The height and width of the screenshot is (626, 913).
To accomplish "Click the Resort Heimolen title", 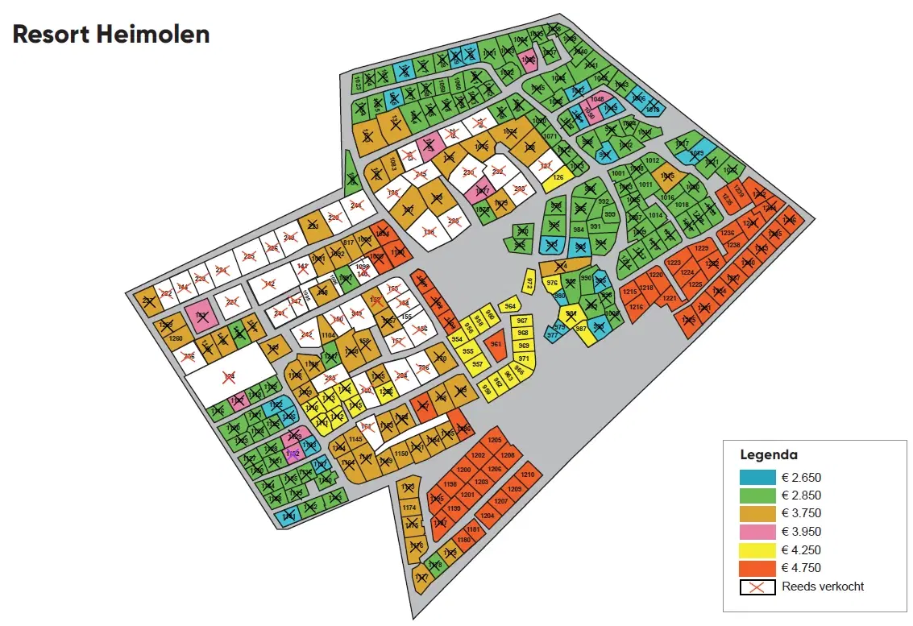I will (x=111, y=34).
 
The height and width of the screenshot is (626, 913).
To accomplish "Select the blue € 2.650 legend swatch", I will (x=757, y=477).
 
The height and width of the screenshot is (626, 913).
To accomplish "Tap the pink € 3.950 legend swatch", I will (x=757, y=532).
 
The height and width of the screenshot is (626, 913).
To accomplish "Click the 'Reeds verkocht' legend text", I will (x=823, y=587).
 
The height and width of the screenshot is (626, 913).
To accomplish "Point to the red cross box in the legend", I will (x=757, y=587).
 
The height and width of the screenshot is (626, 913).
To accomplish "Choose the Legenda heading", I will (x=769, y=455).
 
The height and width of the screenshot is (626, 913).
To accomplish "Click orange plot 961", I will (x=496, y=344).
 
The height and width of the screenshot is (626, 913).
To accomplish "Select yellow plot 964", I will (x=509, y=307).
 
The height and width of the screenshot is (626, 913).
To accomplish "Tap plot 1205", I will (x=495, y=440).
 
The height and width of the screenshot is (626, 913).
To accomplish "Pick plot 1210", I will (x=528, y=475).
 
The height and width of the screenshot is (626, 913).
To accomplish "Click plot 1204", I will (x=487, y=516).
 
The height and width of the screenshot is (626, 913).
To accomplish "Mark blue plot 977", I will (x=553, y=334).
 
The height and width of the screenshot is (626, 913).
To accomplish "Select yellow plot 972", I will (x=529, y=283).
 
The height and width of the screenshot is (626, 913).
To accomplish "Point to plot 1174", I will (x=409, y=508).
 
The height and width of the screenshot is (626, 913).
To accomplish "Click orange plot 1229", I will (x=702, y=248).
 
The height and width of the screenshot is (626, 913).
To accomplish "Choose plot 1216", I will (x=636, y=307).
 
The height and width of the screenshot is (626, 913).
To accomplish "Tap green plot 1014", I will (x=655, y=215).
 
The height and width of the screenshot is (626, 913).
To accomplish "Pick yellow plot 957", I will (x=477, y=364).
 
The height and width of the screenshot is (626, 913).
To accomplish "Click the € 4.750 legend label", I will (x=802, y=568).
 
